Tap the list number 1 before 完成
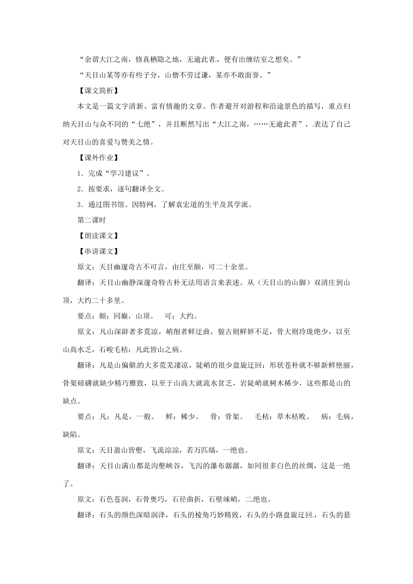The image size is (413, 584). click(80, 173)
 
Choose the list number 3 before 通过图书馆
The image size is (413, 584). click(80, 205)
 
